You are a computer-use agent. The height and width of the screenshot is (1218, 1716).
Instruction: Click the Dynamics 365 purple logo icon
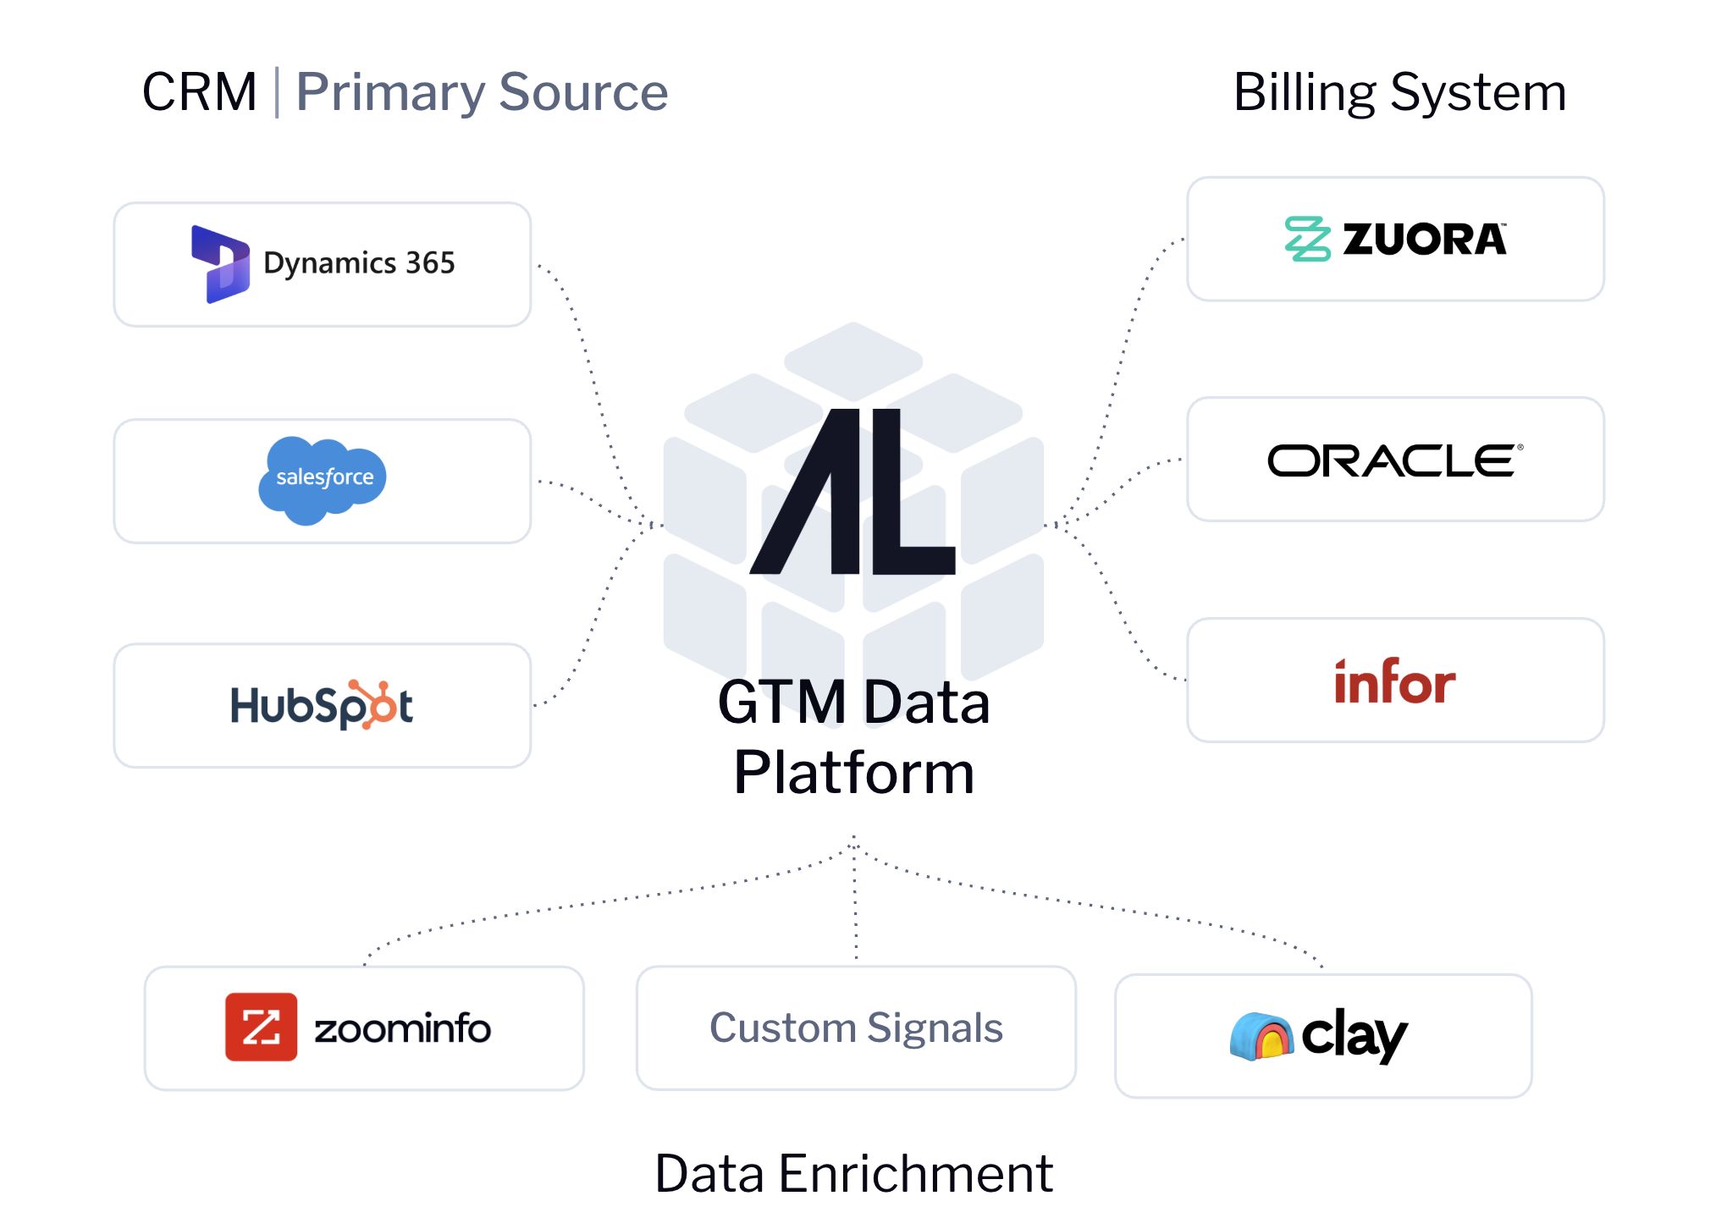click(x=221, y=264)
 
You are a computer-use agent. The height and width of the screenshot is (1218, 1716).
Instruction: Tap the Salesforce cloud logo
click(x=323, y=479)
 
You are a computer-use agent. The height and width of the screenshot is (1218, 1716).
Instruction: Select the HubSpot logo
click(x=322, y=705)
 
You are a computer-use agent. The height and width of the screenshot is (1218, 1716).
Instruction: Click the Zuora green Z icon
click(x=1307, y=239)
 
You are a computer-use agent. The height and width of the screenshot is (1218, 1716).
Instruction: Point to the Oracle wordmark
click(x=1394, y=460)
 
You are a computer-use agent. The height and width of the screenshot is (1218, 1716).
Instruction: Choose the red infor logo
click(x=1394, y=681)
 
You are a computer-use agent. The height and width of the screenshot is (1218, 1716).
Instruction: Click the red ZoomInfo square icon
click(x=261, y=1027)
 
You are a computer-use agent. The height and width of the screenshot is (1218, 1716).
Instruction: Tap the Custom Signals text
click(x=856, y=1028)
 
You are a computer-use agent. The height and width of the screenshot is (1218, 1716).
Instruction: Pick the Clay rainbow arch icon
click(x=1261, y=1036)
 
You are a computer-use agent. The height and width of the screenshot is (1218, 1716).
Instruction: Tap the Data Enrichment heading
click(x=853, y=1173)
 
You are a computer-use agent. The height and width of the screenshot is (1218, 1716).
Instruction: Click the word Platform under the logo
click(x=854, y=772)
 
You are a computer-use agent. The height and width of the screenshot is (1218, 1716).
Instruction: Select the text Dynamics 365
click(x=359, y=263)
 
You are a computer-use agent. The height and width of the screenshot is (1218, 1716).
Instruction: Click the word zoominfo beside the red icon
click(x=402, y=1028)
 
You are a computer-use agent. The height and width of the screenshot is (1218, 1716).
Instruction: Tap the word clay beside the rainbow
click(x=1354, y=1034)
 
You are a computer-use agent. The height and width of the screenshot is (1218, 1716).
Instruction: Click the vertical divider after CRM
click(x=277, y=92)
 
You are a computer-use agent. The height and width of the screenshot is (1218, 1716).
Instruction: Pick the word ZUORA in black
click(x=1425, y=240)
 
